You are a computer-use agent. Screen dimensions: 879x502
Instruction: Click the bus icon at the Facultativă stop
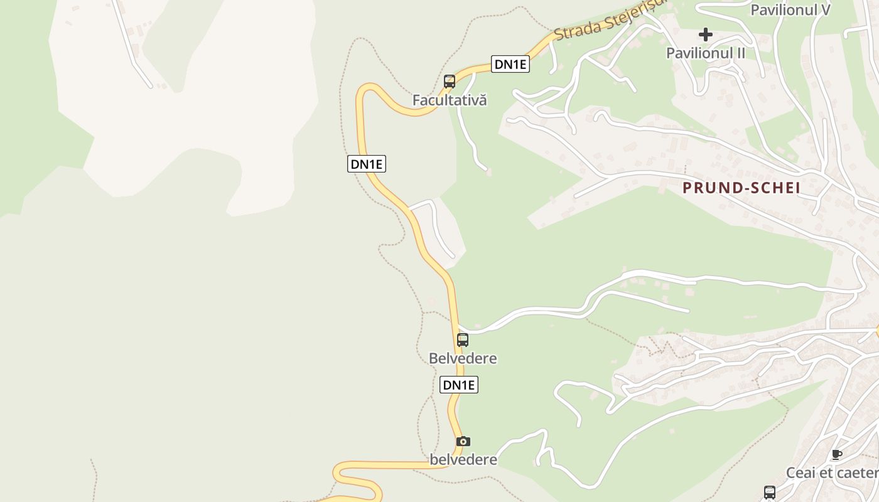(450, 81)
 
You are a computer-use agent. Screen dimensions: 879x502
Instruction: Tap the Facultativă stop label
(450, 100)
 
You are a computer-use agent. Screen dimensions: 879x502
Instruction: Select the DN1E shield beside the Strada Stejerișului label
(510, 64)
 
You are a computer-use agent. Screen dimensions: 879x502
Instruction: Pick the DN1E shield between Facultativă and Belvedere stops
(367, 164)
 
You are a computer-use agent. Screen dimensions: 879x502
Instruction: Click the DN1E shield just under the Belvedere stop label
(459, 385)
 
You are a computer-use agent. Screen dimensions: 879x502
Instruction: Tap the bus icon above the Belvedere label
(463, 340)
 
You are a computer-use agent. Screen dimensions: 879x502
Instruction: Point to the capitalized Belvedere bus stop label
(463, 359)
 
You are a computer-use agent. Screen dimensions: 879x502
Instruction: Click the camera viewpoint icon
(463, 441)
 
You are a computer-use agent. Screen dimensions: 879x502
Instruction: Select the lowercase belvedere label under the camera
(463, 460)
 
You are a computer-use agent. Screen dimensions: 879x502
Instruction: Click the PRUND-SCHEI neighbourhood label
(741, 188)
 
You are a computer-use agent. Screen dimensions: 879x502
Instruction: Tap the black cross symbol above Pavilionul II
(706, 34)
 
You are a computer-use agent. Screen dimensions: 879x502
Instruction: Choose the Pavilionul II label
(706, 53)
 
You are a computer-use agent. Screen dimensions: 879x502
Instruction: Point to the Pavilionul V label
(790, 10)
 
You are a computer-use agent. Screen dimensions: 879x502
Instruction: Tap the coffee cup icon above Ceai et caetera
(836, 454)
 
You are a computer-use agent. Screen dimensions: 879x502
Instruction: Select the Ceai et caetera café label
(832, 473)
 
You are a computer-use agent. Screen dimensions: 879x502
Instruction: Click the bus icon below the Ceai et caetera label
(770, 493)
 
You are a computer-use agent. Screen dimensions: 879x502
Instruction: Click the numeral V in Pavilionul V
(824, 10)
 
